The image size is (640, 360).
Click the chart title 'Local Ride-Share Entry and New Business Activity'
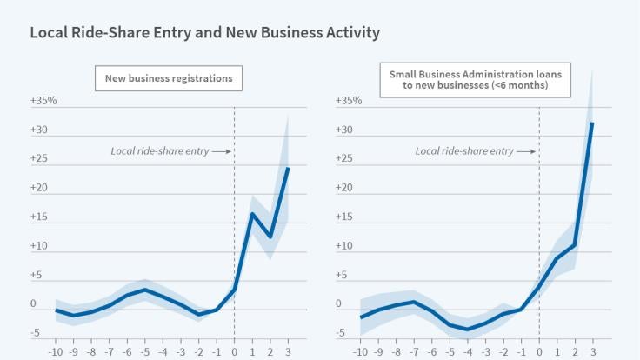[204, 33]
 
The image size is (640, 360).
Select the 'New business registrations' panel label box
[169, 78]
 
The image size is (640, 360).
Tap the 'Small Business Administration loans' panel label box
[476, 80]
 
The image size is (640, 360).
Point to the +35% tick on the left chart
[43, 101]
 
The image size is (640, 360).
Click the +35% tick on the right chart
[348, 101]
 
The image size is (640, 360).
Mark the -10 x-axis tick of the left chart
[57, 351]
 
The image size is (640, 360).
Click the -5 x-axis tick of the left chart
[145, 351]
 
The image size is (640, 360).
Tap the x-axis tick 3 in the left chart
[288, 351]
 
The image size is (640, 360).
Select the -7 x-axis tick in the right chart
[415, 351]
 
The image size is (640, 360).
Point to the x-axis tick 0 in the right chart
[539, 351]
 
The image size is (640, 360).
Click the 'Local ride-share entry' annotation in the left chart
[159, 151]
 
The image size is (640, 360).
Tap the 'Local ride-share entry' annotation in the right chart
[464, 151]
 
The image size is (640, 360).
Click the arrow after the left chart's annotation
[222, 151]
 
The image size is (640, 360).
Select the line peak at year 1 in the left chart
[252, 214]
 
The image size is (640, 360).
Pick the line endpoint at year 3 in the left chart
[288, 168]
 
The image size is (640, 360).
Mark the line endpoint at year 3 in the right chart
[592, 123]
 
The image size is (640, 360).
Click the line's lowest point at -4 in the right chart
[468, 330]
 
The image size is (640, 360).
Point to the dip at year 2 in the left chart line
[270, 237]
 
